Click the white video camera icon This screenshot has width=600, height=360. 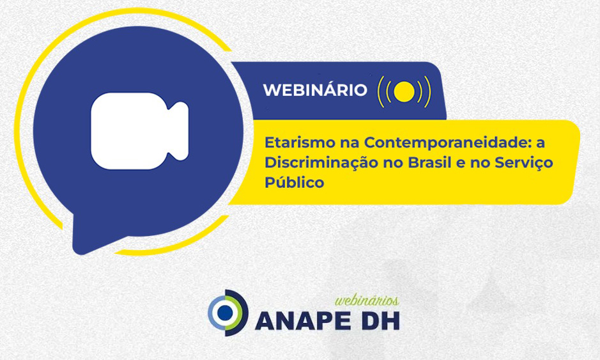pyautogui.click(x=139, y=131)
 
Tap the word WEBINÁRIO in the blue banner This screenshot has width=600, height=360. pyautogui.click(x=315, y=90)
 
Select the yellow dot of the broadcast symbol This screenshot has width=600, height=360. pyautogui.click(x=404, y=92)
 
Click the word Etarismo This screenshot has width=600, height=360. pyautogui.click(x=300, y=143)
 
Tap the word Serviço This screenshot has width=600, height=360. pyautogui.click(x=524, y=163)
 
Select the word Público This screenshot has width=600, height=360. pyautogui.click(x=295, y=182)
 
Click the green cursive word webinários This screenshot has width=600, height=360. pyautogui.click(x=367, y=301)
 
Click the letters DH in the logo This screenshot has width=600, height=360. pyautogui.click(x=381, y=321)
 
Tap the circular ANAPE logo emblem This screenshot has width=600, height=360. pyautogui.click(x=227, y=313)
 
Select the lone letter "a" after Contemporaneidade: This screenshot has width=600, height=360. pyautogui.click(x=541, y=143)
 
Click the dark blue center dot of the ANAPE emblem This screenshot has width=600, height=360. pyautogui.click(x=225, y=313)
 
